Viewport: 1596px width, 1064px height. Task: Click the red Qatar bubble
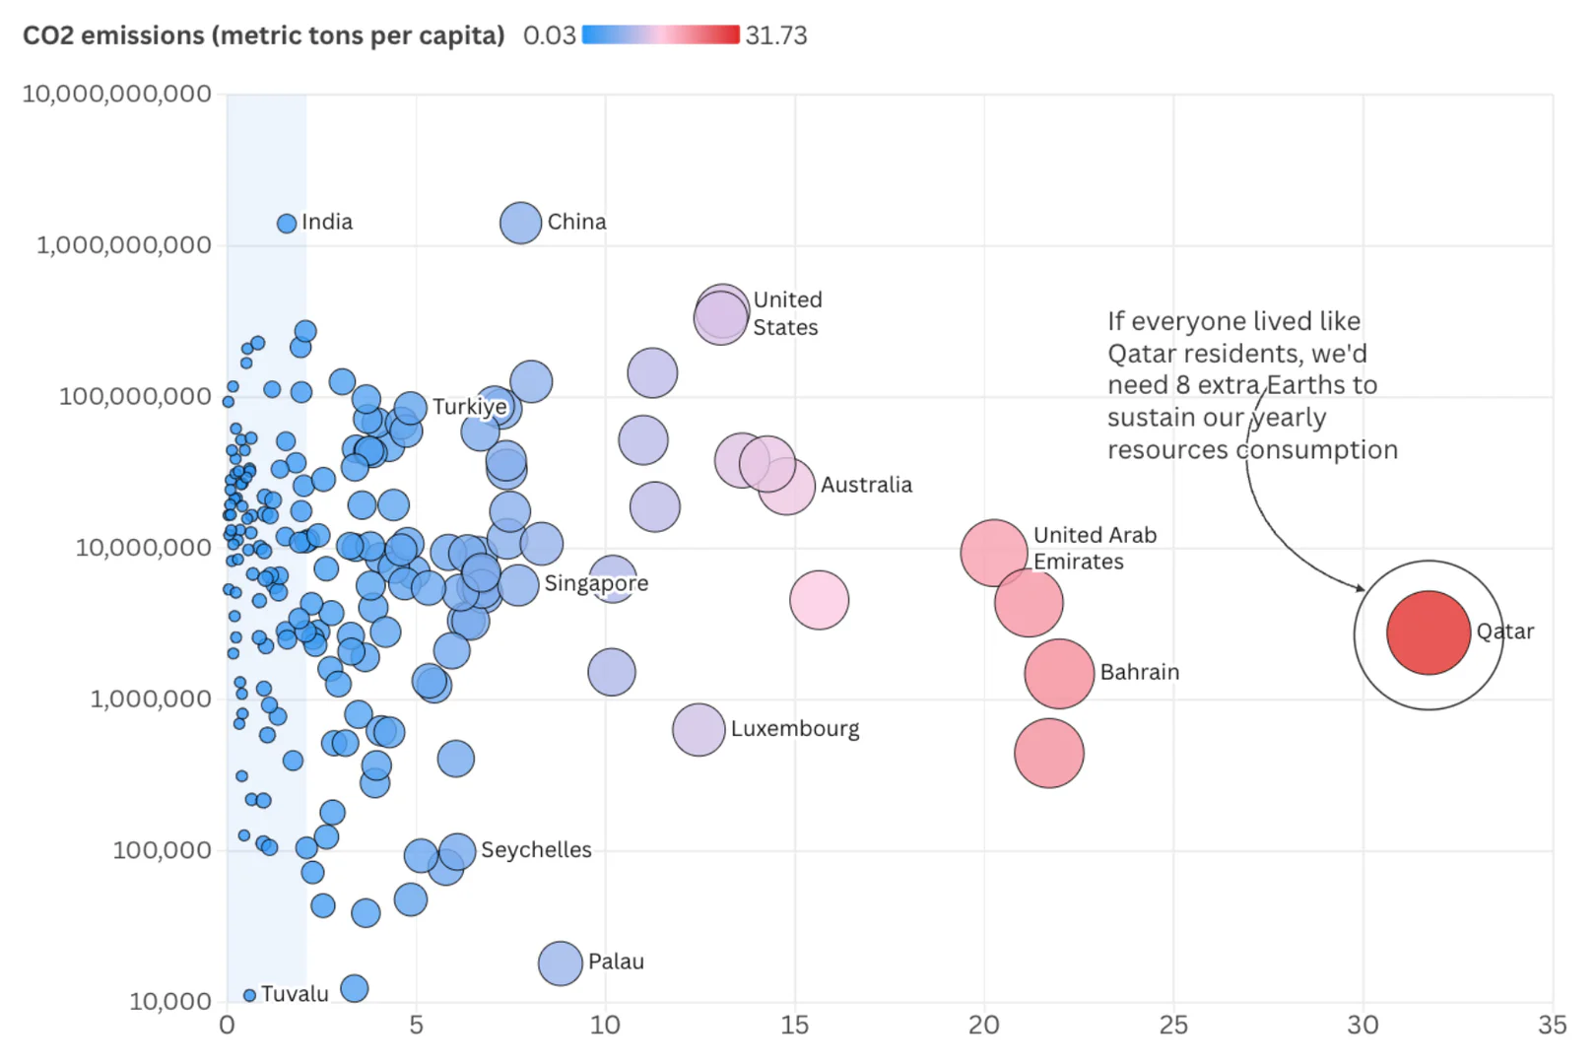click(1428, 632)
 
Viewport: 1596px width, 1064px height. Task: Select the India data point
click(287, 224)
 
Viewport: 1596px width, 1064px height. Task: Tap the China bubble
click(520, 223)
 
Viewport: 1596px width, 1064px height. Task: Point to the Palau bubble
click(560, 963)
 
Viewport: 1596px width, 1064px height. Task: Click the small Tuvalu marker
click(249, 995)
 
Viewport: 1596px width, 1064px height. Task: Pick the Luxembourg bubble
click(698, 730)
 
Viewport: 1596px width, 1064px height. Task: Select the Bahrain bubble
click(1059, 674)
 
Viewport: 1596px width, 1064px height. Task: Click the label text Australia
click(866, 485)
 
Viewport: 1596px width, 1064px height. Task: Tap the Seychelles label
click(536, 850)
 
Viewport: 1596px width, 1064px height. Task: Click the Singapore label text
click(596, 583)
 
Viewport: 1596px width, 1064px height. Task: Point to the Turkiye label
click(469, 407)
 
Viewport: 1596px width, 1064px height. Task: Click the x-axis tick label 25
click(1173, 1026)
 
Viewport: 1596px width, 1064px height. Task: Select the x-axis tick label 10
click(605, 1026)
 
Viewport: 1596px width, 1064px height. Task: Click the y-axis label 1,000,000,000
click(124, 245)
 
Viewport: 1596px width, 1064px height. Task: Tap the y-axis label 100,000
click(162, 850)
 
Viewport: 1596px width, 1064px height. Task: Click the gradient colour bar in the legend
click(660, 35)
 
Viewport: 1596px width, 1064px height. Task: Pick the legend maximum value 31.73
click(775, 35)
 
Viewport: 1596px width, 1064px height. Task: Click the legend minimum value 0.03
click(549, 35)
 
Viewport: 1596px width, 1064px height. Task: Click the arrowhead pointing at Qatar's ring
click(1361, 588)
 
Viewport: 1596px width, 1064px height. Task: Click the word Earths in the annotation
click(1307, 385)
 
